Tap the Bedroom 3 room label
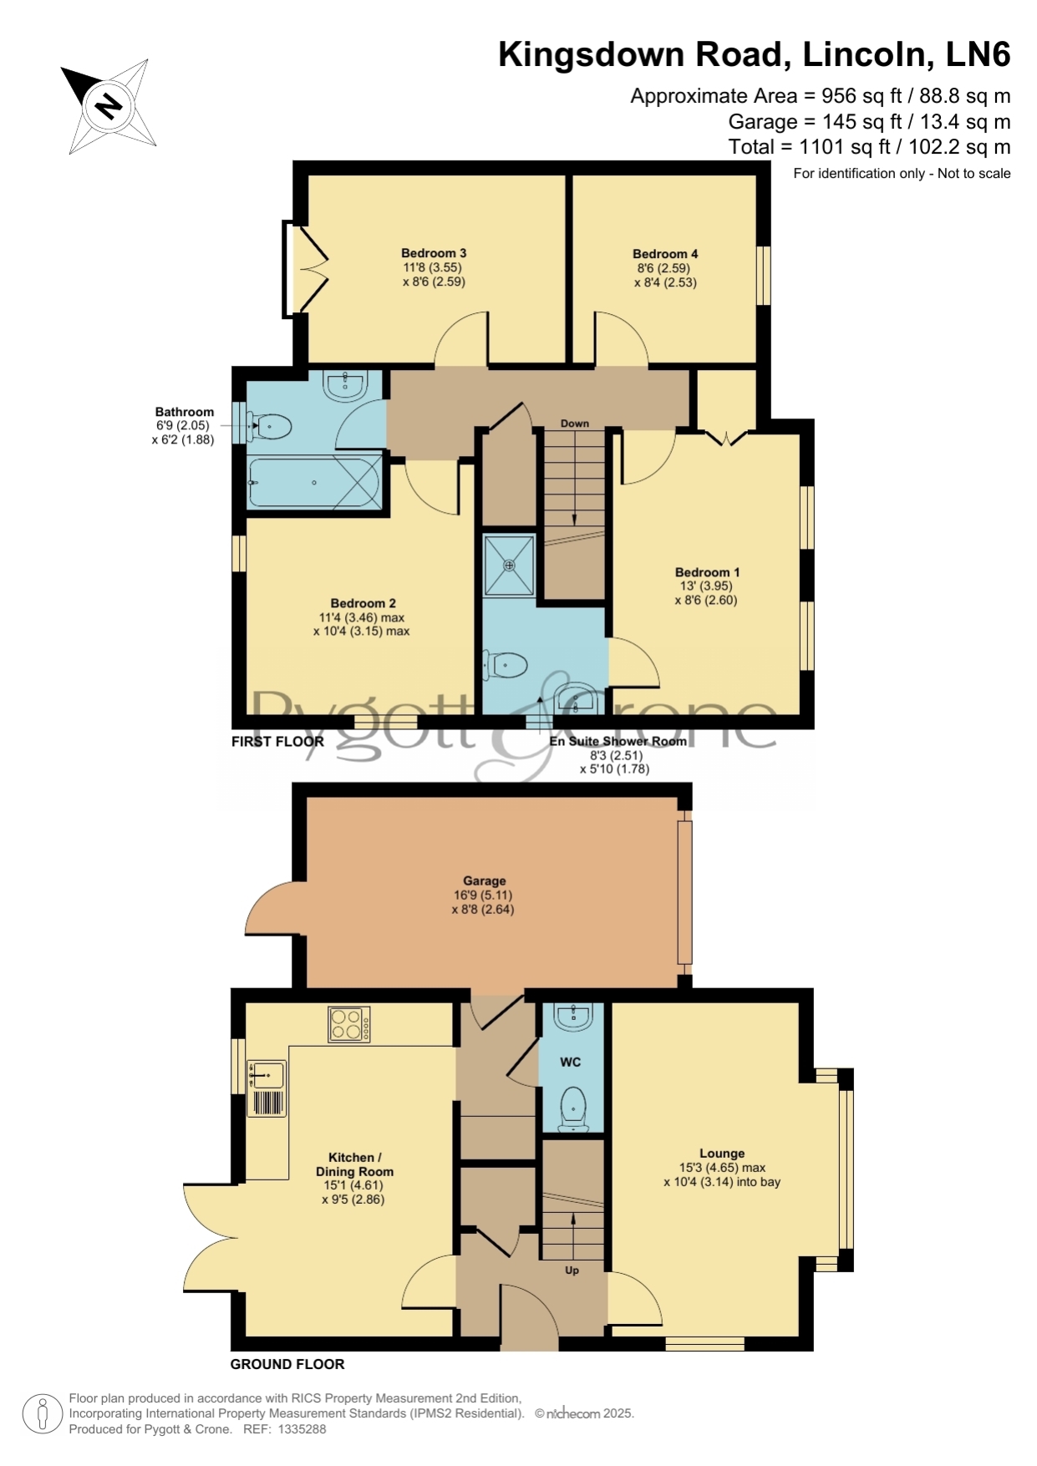point(434,253)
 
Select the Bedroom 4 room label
point(665,254)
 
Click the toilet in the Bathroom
point(269,427)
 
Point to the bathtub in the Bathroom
point(315,482)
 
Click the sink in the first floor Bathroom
point(344,385)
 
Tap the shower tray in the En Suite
point(509,566)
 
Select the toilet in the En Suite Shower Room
point(506,666)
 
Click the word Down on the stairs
point(575,424)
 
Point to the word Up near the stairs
point(572,1271)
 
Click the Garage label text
point(485,880)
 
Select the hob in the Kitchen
point(348,1025)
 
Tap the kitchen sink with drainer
point(267,1088)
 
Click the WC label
point(571,1063)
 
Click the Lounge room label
point(722,1154)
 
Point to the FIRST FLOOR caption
point(277,741)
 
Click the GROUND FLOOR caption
point(287,1364)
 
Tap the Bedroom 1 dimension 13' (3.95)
point(705,586)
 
